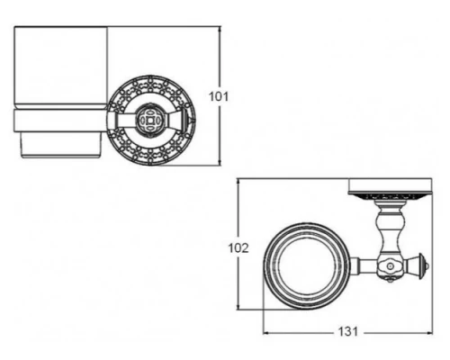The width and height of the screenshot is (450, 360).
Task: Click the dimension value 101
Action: coord(219,96)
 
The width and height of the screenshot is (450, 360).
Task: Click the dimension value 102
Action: coord(238,248)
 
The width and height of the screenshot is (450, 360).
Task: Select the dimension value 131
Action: coord(348,332)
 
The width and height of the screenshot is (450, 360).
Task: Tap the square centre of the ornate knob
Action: coord(149,121)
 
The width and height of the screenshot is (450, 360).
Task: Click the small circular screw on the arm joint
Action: coord(390,266)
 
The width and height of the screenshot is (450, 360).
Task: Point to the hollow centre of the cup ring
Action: coord(307,266)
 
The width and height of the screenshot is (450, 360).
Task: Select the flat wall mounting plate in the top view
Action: coord(390,185)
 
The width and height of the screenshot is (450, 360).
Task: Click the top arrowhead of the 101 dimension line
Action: coord(220,28)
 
